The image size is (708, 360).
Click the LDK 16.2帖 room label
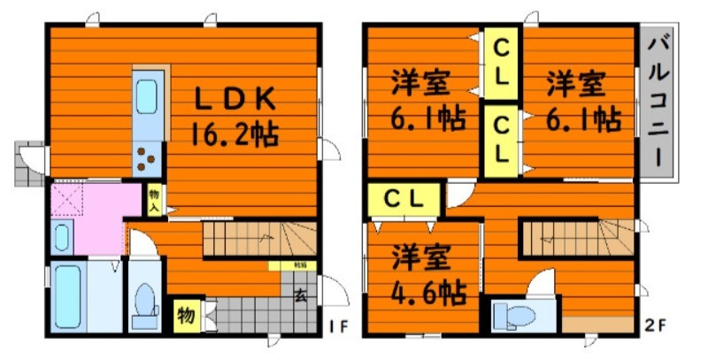coord(234,115)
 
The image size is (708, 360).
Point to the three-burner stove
coord(146,160)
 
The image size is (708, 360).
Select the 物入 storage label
coord(154,199)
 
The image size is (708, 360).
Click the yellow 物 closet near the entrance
coord(187,313)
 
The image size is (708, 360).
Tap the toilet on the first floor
coord(142,305)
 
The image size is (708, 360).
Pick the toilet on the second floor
coord(511,315)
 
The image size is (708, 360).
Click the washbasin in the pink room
coord(62,237)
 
